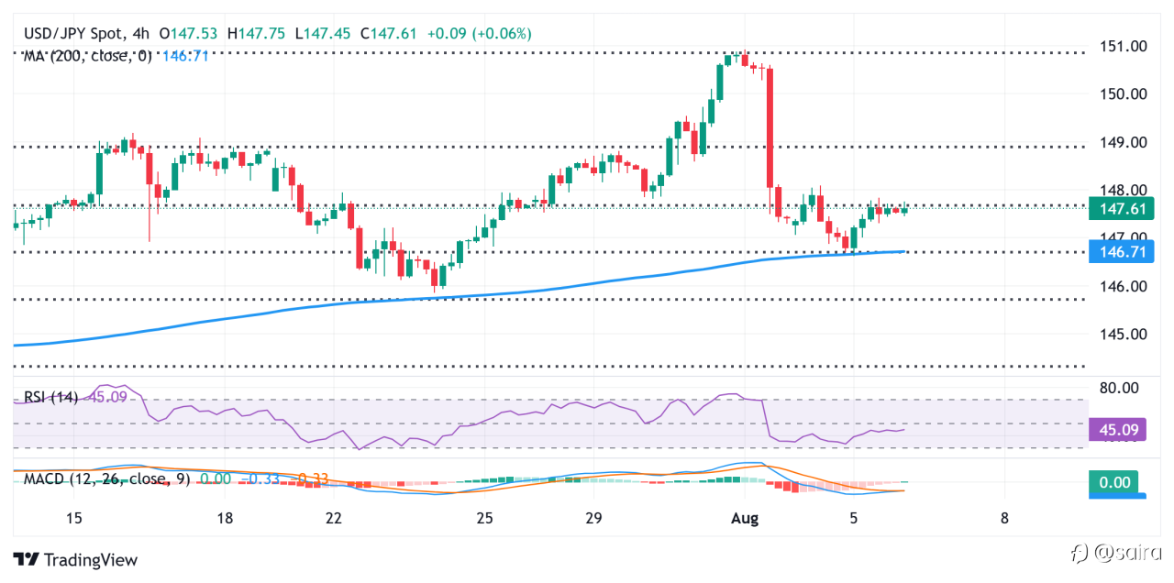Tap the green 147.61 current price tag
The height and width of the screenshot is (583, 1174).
tap(1121, 209)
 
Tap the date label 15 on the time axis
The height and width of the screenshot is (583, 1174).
tap(74, 518)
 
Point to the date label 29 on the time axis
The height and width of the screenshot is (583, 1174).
tap(593, 518)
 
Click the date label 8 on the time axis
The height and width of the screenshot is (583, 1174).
tap(1004, 518)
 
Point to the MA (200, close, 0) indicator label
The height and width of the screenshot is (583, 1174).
tap(88, 57)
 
